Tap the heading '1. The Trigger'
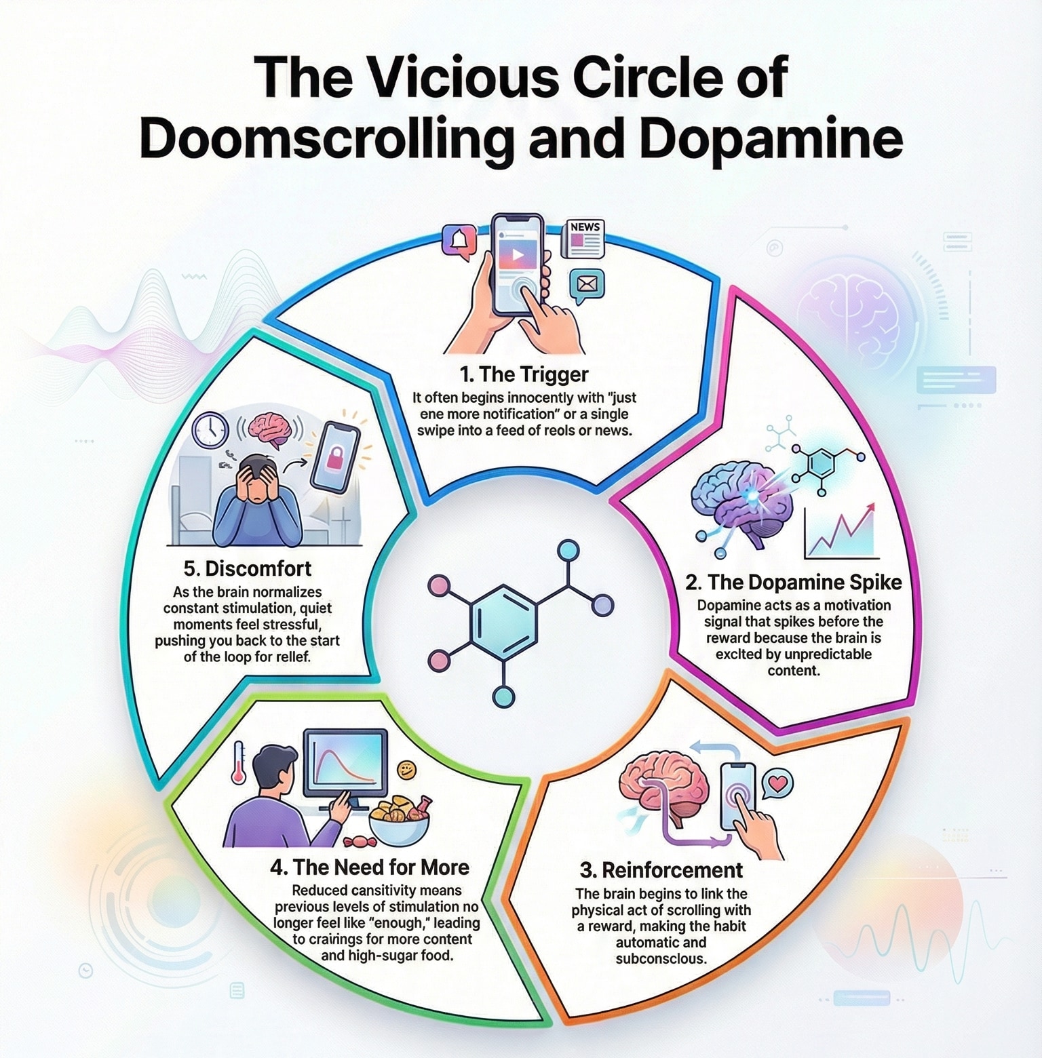pyautogui.click(x=524, y=374)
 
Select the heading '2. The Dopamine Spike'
pyautogui.click(x=793, y=583)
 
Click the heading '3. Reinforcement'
pyautogui.click(x=661, y=870)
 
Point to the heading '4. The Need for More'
pyautogui.click(x=370, y=867)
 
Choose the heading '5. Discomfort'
pyautogui.click(x=248, y=568)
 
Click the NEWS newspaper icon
pyautogui.click(x=583, y=238)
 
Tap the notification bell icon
pyautogui.click(x=459, y=240)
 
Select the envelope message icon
pyautogui.click(x=587, y=285)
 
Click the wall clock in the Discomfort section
pyautogui.click(x=211, y=429)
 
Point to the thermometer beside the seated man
pyautogui.click(x=238, y=762)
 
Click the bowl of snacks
pyautogui.click(x=399, y=819)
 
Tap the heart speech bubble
pyautogui.click(x=777, y=784)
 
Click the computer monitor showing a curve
pyautogui.click(x=345, y=762)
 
